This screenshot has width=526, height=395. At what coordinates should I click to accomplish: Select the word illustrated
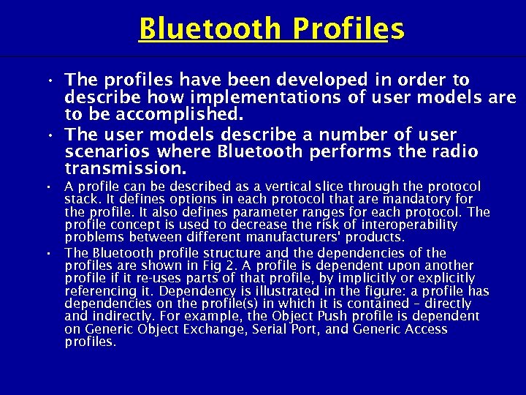pos(245,291)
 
